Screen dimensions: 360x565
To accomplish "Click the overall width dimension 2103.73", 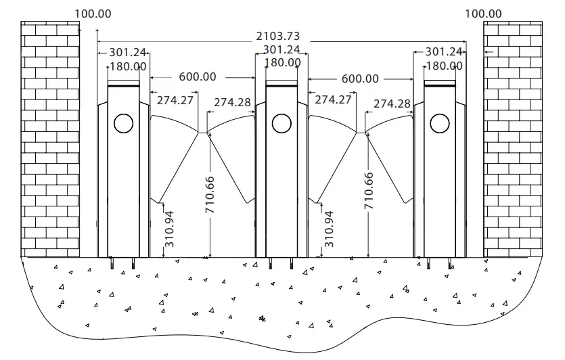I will click(x=277, y=36).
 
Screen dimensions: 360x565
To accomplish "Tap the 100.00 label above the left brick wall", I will click(x=93, y=14).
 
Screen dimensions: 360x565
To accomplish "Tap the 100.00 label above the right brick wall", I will click(x=484, y=14).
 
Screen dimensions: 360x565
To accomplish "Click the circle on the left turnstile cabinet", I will click(x=123, y=123).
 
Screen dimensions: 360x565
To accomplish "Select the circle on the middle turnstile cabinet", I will click(x=281, y=123).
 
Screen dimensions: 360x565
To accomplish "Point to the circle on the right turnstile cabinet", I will click(x=439, y=123).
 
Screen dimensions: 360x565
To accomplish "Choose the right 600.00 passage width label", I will click(x=360, y=78).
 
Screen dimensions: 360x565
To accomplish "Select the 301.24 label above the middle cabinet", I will click(x=281, y=50).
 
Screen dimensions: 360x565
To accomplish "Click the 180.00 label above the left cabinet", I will click(x=128, y=66).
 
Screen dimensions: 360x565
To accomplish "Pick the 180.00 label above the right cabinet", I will click(x=444, y=66).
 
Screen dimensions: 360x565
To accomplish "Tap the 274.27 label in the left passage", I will click(x=175, y=99).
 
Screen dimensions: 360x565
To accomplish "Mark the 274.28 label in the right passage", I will click(x=392, y=104).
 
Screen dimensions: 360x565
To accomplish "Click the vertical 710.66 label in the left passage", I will click(x=210, y=194).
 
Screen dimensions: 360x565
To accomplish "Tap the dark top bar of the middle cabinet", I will click(x=281, y=85).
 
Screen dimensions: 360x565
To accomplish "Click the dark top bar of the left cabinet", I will click(x=124, y=85).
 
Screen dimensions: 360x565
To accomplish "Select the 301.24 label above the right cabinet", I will click(x=444, y=52).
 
